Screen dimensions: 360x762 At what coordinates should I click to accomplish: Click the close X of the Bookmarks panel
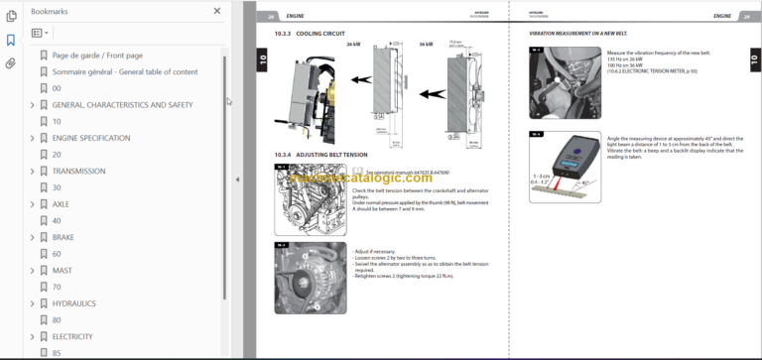pyautogui.click(x=217, y=11)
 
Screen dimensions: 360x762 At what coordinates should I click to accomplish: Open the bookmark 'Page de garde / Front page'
pyautogui.click(x=97, y=56)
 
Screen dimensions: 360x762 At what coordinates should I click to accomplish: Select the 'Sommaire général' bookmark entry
pyautogui.click(x=124, y=71)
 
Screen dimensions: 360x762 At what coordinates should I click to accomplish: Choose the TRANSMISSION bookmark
pyautogui.click(x=78, y=171)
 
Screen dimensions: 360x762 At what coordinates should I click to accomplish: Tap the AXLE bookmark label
pyautogui.click(x=63, y=204)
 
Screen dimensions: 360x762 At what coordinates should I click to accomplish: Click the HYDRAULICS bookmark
pyautogui.click(x=74, y=302)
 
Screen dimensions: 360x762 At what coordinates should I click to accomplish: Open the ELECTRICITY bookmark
pyautogui.click(x=72, y=336)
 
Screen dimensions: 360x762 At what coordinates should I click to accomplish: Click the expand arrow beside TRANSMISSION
pyautogui.click(x=32, y=171)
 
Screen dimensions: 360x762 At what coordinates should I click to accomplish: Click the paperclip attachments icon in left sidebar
pyautogui.click(x=10, y=62)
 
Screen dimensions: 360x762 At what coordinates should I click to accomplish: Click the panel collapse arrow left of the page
pyautogui.click(x=236, y=180)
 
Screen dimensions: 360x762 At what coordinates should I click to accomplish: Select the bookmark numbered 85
pyautogui.click(x=57, y=352)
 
